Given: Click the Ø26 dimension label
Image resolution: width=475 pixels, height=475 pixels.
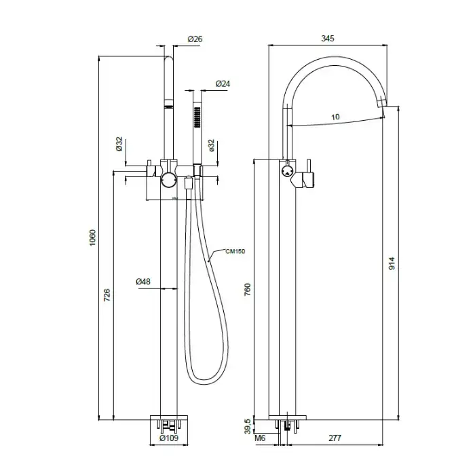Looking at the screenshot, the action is [x=195, y=39].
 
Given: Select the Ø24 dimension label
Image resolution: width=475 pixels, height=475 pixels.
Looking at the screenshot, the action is [x=223, y=83].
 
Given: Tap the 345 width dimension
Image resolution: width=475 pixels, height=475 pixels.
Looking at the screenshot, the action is [x=328, y=39].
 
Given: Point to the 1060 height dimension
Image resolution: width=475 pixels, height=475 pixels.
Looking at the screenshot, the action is [x=93, y=237].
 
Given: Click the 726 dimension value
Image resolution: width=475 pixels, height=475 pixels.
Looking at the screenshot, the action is [x=107, y=295].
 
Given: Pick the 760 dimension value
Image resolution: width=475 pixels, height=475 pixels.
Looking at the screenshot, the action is [x=248, y=290].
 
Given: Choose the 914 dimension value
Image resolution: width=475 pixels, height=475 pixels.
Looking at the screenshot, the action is [x=392, y=263].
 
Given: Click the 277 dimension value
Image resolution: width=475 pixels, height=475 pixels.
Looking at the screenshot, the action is [x=335, y=438].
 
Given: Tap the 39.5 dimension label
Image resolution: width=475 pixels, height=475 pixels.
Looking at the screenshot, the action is [x=248, y=427].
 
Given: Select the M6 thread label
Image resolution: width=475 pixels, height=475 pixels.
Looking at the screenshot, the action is [x=260, y=438].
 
